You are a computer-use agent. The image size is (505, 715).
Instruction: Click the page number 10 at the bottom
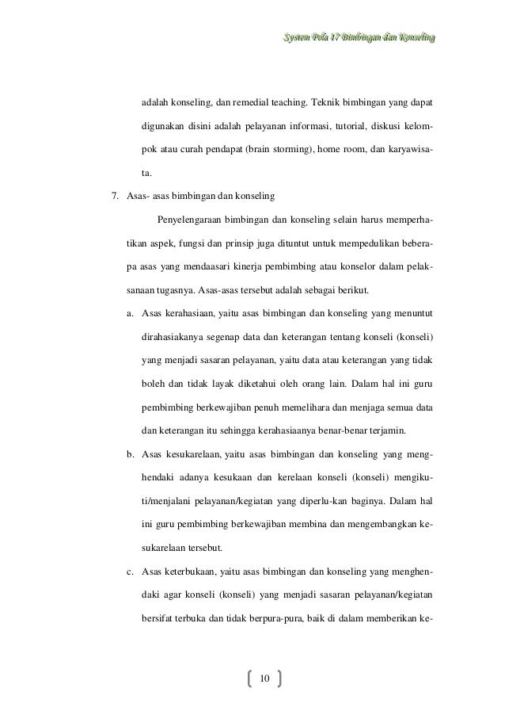[x=264, y=678]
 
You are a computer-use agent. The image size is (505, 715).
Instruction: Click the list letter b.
[x=130, y=455]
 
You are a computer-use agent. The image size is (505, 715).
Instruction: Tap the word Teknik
[x=328, y=104]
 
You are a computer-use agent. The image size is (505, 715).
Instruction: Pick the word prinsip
[x=242, y=243]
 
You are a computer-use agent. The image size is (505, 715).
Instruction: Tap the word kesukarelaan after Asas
[x=192, y=455]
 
